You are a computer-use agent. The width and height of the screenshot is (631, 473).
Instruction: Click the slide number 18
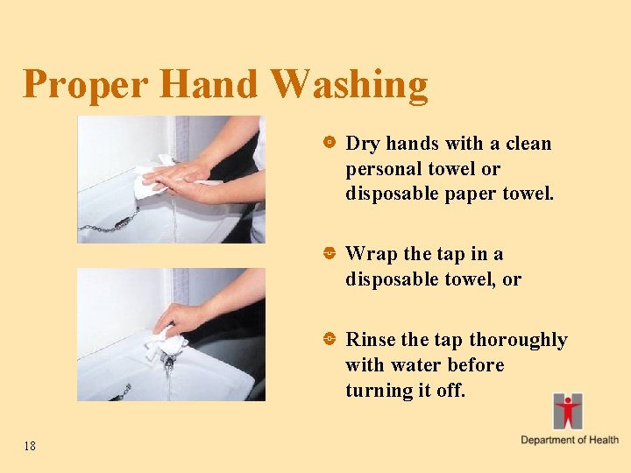coord(30,447)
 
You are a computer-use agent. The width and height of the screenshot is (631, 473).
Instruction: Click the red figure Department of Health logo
coord(567,411)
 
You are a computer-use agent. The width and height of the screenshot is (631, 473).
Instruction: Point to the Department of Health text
coord(569,440)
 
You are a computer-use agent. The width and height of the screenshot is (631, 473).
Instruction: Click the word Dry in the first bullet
coord(363,143)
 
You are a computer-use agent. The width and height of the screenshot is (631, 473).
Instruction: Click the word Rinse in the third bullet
coord(371,339)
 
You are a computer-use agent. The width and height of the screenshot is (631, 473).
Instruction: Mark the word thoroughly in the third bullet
coord(519,339)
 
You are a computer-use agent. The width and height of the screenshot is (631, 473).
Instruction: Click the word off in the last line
coord(449,390)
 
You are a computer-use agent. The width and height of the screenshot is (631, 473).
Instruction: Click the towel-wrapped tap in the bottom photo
coord(168,344)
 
